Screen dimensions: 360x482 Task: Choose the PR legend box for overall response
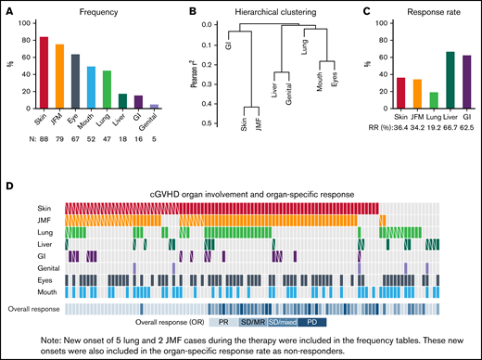point(223,320)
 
